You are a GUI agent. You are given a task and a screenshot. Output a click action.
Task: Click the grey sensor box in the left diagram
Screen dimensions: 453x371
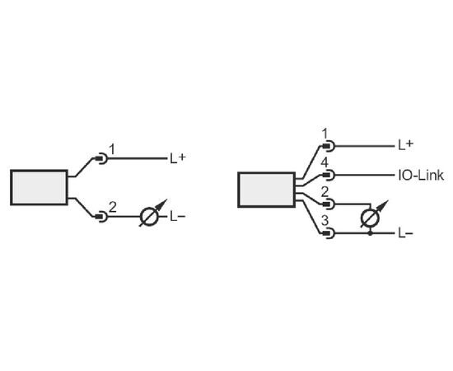pos(39,187)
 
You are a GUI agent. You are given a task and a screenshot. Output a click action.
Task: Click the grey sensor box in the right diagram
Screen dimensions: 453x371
pos(266,190)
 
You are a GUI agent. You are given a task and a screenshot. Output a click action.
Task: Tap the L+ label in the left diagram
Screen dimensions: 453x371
pos(177,158)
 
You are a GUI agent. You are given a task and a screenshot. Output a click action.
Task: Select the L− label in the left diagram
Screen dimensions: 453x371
pos(177,216)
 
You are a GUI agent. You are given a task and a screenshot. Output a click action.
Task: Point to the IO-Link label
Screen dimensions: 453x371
pos(421,176)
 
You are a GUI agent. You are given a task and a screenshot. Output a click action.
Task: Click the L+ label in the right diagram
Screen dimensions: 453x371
pos(405,144)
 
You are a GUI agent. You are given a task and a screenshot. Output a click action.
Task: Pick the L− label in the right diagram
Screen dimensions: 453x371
pos(405,233)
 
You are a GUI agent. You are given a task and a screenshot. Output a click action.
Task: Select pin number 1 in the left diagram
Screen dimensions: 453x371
pos(112,149)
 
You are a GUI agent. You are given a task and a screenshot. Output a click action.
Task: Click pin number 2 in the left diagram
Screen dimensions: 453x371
pos(112,207)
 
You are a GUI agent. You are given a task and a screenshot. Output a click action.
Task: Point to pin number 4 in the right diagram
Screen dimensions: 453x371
pos(325,162)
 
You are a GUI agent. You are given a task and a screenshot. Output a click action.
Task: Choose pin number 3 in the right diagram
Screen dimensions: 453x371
pos(325,221)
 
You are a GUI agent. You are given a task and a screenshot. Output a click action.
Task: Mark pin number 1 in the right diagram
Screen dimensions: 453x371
pos(325,134)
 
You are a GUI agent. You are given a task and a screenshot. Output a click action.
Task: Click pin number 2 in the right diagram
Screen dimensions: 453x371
pos(325,192)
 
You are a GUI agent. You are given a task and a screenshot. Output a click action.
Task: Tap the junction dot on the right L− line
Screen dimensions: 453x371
pos(371,233)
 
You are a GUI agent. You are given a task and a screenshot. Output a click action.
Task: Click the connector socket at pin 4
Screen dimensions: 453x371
pos(329,176)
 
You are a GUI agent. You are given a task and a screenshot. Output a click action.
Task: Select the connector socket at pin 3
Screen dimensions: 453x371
pos(329,233)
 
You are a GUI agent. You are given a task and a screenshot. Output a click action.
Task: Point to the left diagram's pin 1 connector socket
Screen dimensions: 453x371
pos(101,158)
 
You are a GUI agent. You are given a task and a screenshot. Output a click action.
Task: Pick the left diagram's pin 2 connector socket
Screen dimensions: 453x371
pos(101,216)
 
